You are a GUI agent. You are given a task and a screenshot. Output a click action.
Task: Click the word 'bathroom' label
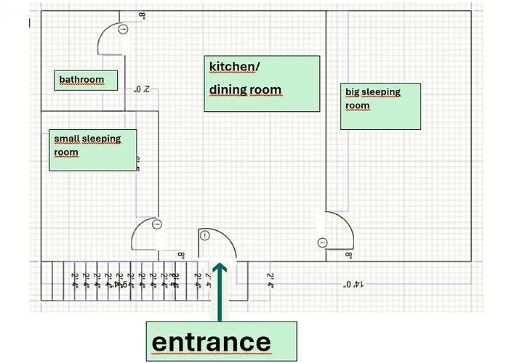tap(81, 80)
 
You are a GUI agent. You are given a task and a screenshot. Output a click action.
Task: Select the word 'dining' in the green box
tap(228, 90)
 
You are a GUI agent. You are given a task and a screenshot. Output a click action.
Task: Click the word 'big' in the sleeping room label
tap(352, 92)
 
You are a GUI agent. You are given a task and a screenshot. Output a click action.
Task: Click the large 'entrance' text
tap(211, 341)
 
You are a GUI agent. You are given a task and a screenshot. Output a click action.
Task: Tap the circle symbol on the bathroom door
tap(123, 30)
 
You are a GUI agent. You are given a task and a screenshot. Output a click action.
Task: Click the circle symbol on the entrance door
tap(204, 235)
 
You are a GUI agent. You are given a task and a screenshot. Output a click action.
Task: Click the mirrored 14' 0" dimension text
tap(350, 284)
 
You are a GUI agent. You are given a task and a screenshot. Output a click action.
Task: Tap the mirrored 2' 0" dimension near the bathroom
tap(142, 90)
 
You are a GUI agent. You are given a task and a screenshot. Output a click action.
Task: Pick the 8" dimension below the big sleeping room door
tap(349, 256)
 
